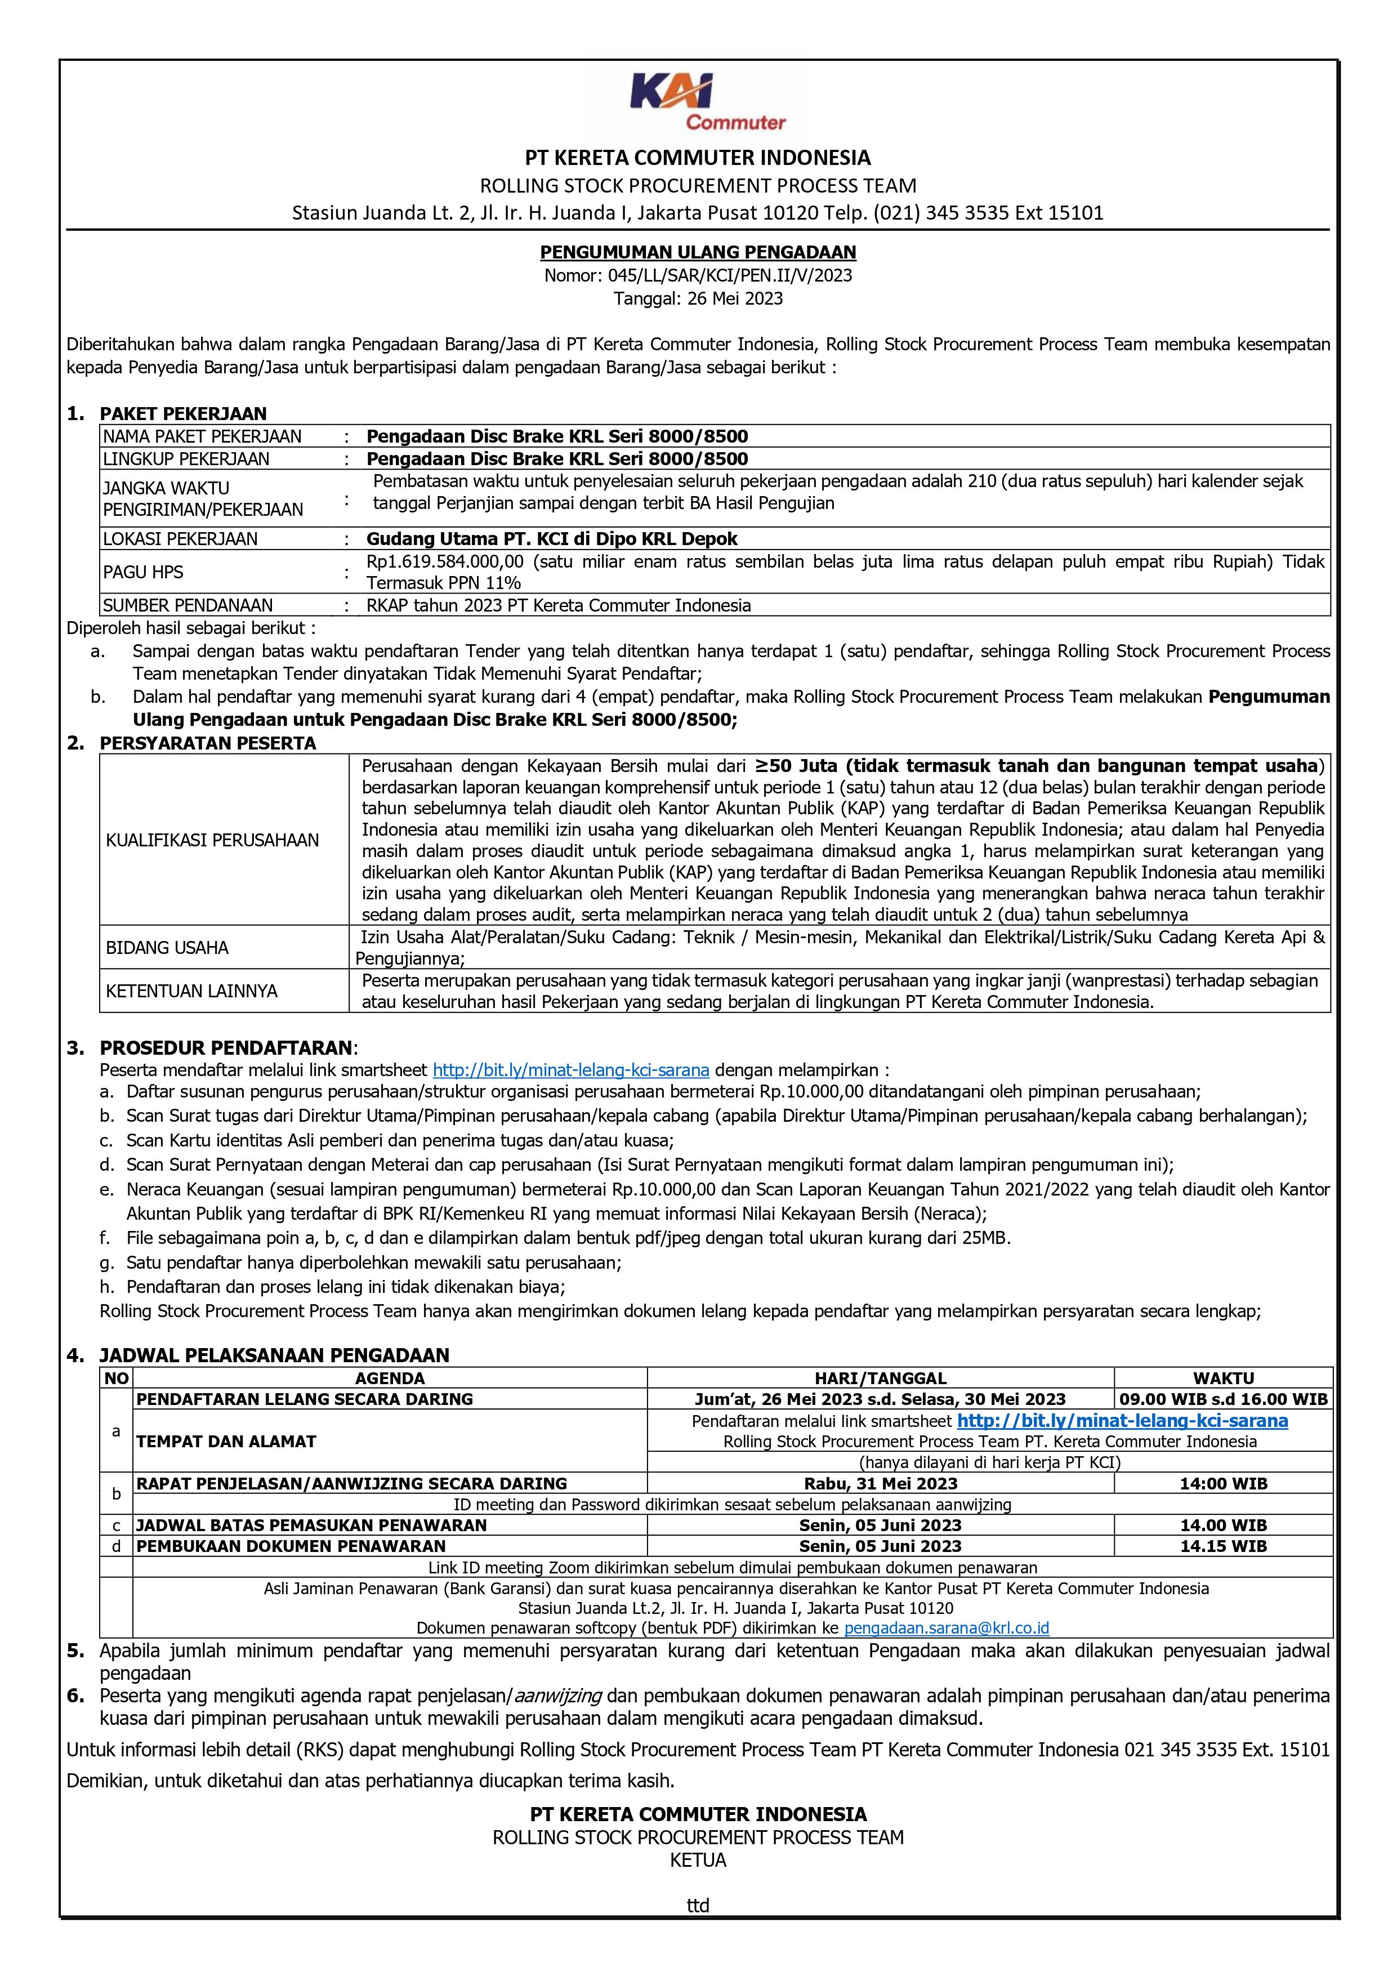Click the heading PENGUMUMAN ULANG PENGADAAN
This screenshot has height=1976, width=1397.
coord(698,252)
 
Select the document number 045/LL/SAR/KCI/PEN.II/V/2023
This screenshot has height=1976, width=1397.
coord(698,275)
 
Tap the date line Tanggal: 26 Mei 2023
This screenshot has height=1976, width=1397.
coord(698,298)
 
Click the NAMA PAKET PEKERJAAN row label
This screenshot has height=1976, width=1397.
coord(202,436)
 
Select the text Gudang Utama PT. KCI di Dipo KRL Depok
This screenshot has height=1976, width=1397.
coord(552,539)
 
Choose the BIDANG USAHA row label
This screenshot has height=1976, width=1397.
coord(167,948)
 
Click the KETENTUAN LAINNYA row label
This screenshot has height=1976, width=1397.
coord(191,991)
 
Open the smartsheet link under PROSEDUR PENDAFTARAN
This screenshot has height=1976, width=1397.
coord(570,1070)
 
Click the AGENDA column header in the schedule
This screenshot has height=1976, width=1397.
coord(389,1378)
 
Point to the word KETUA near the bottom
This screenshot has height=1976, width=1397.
coord(698,1861)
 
